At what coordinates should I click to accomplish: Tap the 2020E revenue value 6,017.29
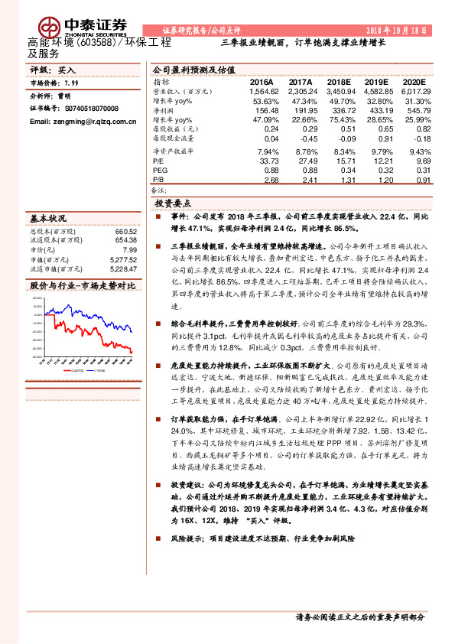pos(416,91)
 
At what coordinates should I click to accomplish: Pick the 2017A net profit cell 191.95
pos(302,110)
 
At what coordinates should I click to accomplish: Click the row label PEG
pos(160,171)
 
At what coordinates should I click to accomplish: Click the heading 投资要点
pos(173,204)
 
